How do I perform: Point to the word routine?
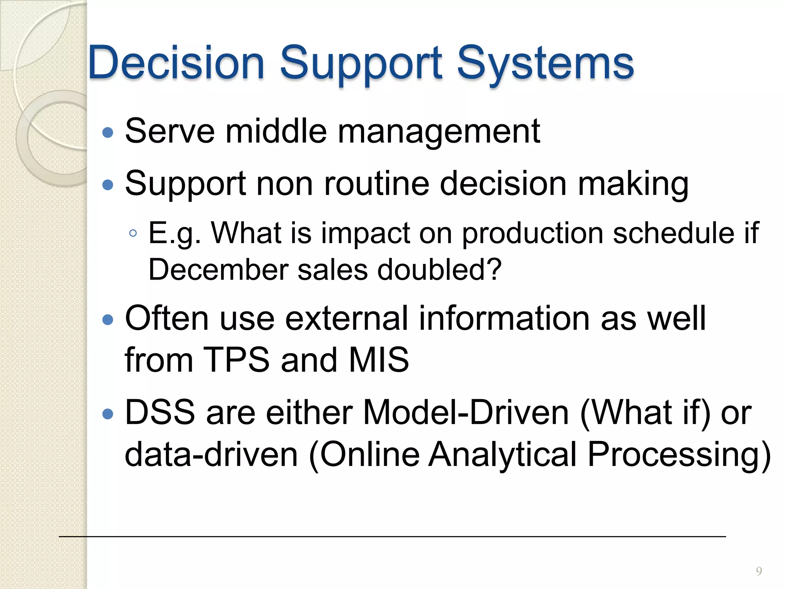click(377, 184)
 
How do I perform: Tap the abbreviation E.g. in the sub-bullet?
click(174, 234)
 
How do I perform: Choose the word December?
click(218, 270)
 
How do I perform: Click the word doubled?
click(440, 270)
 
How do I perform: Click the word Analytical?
click(503, 454)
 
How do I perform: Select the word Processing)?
click(679, 455)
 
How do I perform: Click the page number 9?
click(759, 571)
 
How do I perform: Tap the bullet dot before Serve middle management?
click(108, 133)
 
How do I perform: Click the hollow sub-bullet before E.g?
click(133, 233)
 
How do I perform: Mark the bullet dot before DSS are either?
click(108, 414)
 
